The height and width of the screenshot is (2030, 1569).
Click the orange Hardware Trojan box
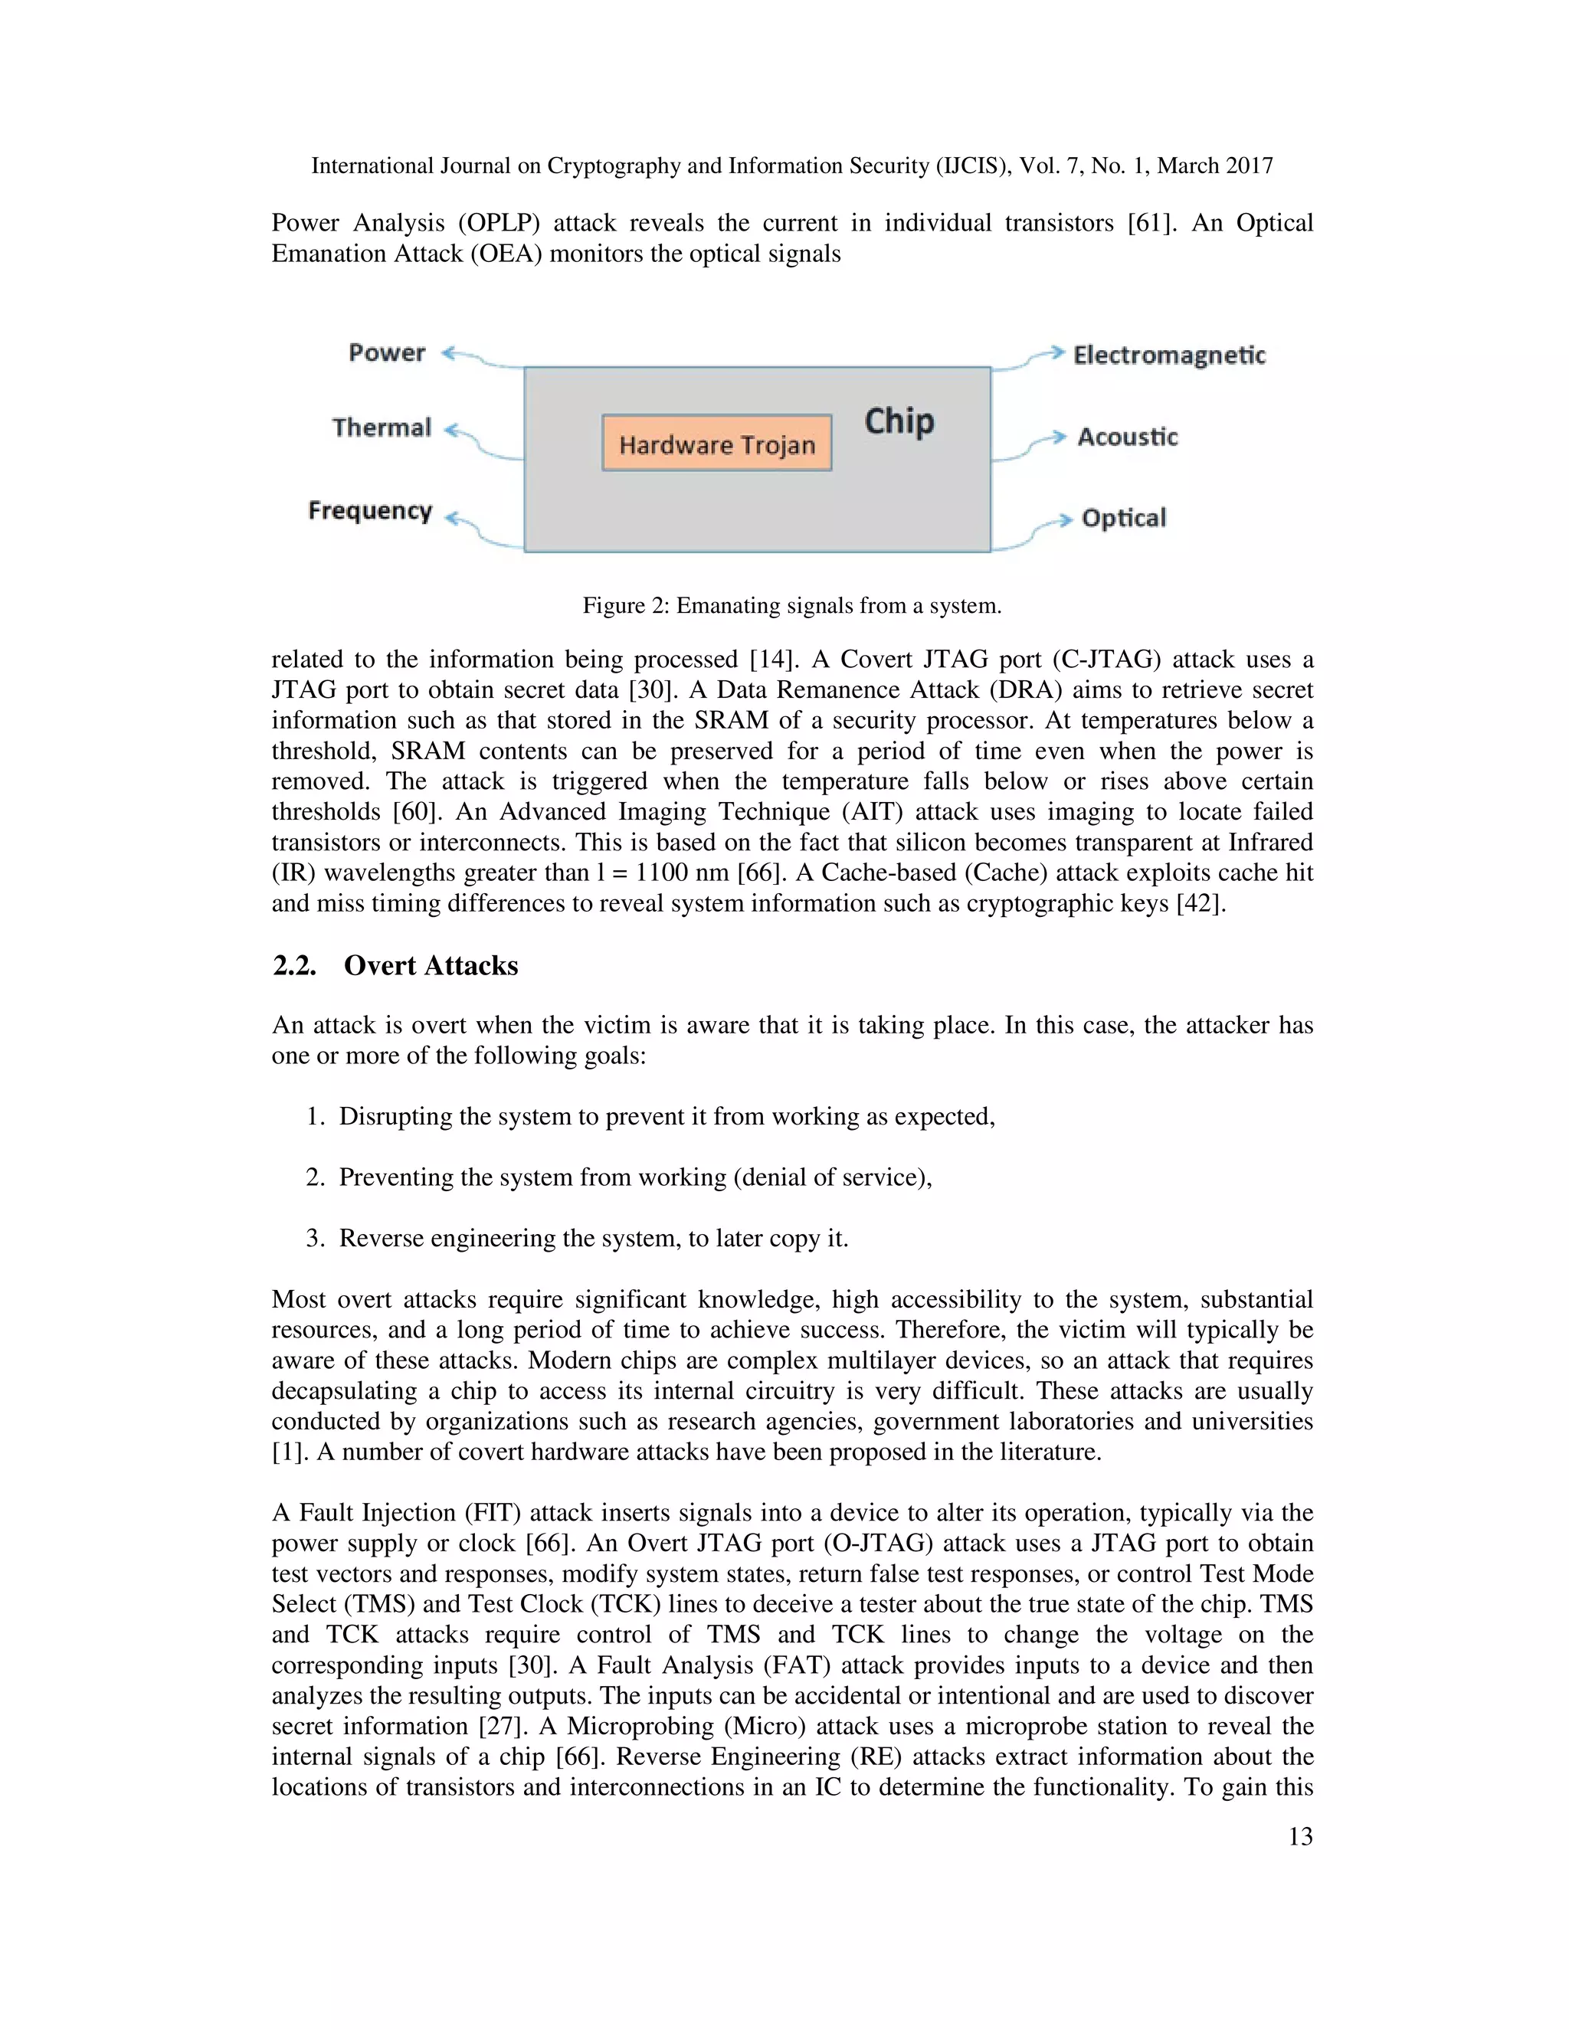(x=716, y=444)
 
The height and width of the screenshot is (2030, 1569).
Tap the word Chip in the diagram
(x=899, y=421)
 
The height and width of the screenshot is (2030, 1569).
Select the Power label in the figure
(x=387, y=353)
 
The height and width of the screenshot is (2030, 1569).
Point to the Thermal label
(x=382, y=427)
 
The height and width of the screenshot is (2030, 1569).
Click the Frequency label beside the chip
(x=370, y=510)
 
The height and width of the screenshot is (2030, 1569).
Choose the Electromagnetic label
(x=1168, y=355)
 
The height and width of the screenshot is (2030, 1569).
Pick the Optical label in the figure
(x=1123, y=518)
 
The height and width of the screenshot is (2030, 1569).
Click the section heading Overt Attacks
(x=431, y=966)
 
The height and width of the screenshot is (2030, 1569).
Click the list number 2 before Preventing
(x=314, y=1177)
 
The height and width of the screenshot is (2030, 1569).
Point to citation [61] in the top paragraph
(x=1151, y=223)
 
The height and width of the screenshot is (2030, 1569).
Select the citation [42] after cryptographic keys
(x=1200, y=903)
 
